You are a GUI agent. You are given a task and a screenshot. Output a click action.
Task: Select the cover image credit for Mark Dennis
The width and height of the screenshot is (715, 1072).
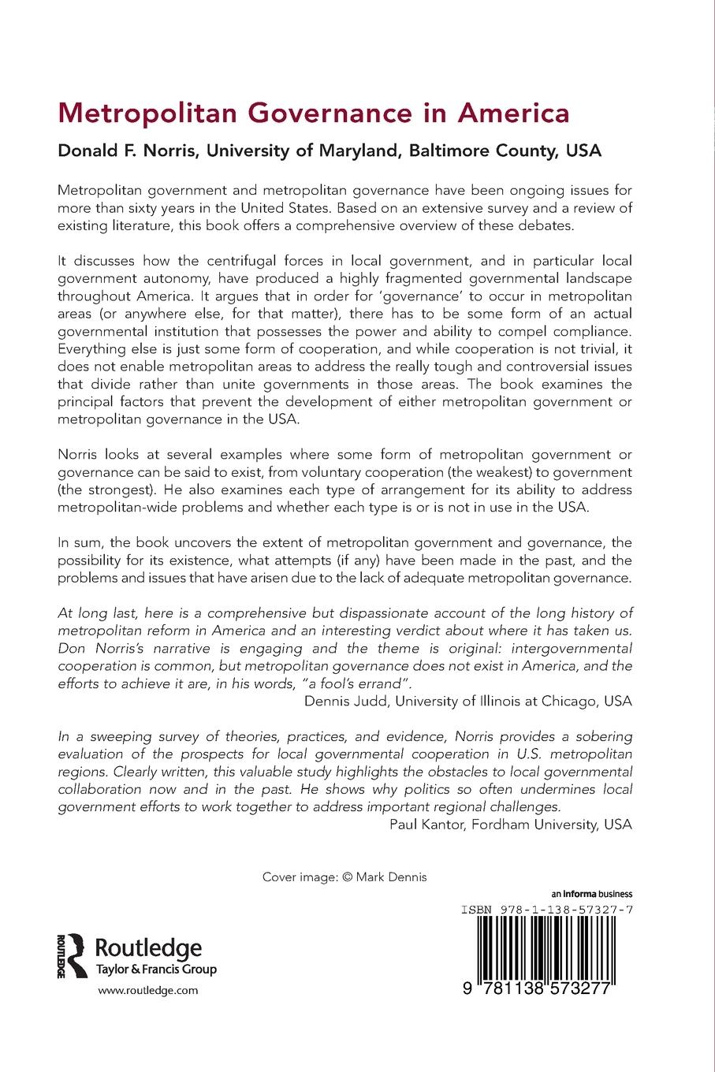tap(344, 877)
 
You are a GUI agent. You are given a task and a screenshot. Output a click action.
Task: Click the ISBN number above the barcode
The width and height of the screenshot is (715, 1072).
tap(546, 909)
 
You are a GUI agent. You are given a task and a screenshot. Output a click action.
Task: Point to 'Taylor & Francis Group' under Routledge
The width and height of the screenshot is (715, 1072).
tap(155, 970)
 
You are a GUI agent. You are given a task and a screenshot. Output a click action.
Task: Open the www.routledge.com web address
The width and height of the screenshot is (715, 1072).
tap(147, 991)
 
